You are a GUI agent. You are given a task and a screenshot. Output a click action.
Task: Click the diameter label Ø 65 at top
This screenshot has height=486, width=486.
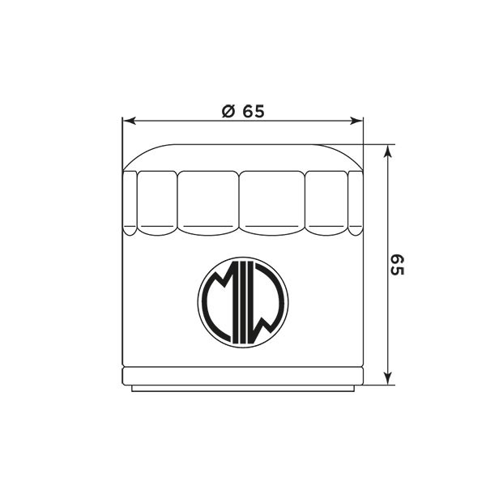[243, 111]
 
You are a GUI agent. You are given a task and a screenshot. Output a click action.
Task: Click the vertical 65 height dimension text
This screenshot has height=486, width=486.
[397, 265]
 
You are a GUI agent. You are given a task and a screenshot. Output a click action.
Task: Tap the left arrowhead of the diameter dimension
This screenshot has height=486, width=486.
[130, 121]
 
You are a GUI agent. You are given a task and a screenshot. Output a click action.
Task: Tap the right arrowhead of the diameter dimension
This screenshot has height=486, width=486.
[356, 121]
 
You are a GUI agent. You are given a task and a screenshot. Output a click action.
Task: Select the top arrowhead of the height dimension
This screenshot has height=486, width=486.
[387, 152]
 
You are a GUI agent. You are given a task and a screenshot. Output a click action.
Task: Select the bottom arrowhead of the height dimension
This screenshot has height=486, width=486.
[387, 377]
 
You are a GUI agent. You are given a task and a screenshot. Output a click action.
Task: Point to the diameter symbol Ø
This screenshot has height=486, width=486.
[228, 111]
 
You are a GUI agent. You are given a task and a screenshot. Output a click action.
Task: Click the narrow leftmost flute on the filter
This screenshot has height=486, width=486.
[130, 203]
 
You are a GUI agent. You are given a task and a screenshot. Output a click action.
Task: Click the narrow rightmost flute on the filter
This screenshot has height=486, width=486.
[356, 203]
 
